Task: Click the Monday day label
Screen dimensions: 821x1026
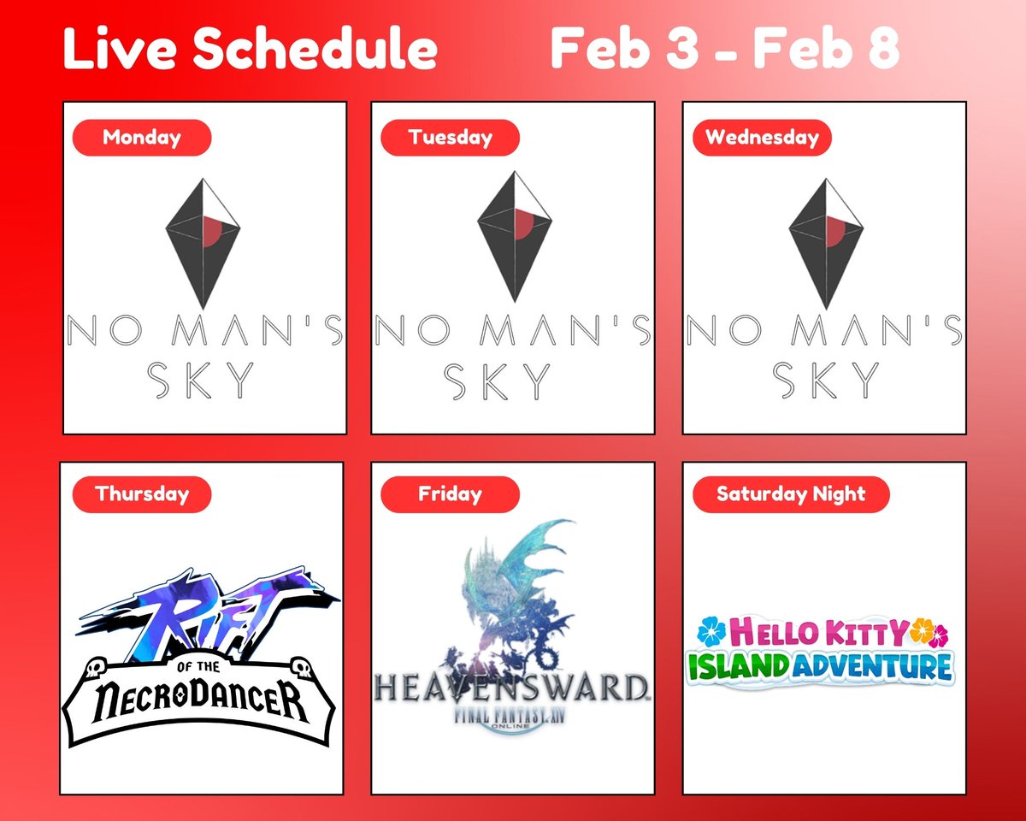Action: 141,138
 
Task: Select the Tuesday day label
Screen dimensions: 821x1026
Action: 450,138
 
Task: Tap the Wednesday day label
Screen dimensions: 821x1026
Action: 761,138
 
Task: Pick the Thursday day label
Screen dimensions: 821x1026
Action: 141,494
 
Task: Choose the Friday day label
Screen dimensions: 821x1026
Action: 450,494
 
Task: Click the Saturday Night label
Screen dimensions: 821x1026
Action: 791,494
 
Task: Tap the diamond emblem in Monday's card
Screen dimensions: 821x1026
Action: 203,242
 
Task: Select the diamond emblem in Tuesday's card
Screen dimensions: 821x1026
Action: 514,236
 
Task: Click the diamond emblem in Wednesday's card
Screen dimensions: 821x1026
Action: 825,242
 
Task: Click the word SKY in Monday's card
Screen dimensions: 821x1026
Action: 203,381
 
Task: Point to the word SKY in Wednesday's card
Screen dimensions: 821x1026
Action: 825,381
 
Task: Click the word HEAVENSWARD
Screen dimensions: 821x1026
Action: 510,686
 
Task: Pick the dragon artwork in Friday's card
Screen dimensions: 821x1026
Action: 513,590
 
